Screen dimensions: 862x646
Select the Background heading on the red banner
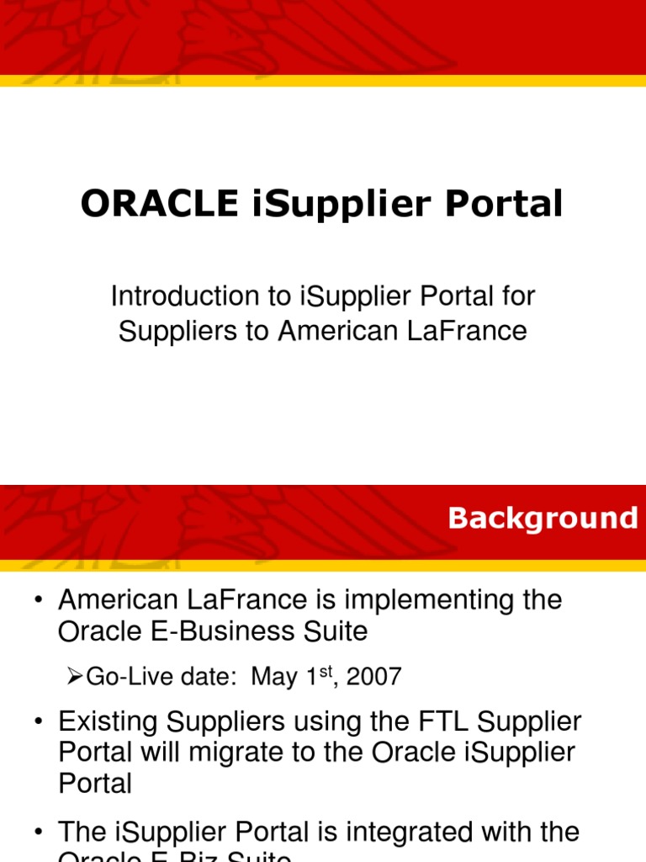(543, 518)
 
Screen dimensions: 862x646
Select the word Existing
(108, 722)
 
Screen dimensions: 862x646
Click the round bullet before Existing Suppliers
(37, 722)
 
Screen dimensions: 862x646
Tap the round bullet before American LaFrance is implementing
(37, 600)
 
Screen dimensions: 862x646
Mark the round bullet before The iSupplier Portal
(37, 833)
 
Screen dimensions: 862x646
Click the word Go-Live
(124, 676)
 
